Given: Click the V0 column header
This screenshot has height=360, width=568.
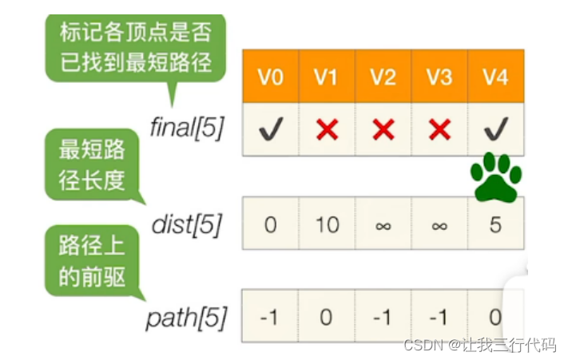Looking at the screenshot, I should pyautogui.click(x=270, y=77).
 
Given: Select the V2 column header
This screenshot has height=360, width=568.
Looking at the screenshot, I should pyautogui.click(x=383, y=77).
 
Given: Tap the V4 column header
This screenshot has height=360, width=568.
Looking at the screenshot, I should pyautogui.click(x=495, y=77).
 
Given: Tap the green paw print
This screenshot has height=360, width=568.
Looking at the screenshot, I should pyautogui.click(x=495, y=176).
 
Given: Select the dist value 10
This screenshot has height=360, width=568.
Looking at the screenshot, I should pyautogui.click(x=327, y=224).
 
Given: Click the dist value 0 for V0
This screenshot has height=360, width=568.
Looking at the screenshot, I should pyautogui.click(x=270, y=224).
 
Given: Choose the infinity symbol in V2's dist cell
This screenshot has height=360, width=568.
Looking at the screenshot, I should pyautogui.click(x=383, y=225).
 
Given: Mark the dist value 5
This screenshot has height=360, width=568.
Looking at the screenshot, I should pyautogui.click(x=495, y=224).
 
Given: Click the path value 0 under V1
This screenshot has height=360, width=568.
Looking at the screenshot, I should pyautogui.click(x=327, y=317).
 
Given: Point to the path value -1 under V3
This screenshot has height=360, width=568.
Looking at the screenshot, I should pyautogui.click(x=439, y=317).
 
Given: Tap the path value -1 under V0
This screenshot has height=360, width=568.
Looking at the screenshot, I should pyautogui.click(x=270, y=317).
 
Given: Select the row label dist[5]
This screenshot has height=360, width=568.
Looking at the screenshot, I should pyautogui.click(x=186, y=224).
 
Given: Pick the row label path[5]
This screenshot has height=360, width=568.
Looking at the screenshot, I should pyautogui.click(x=186, y=318).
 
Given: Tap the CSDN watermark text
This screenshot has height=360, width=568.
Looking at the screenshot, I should pyautogui.click(x=479, y=345).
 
